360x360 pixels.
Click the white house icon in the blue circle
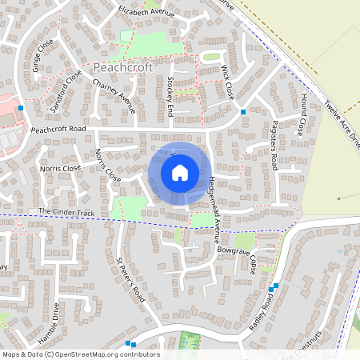coord(180,173)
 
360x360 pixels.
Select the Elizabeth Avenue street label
coord(146,13)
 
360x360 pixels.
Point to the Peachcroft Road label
coord(58,129)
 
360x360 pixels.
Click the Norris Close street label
coord(61,169)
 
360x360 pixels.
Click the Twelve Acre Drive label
coord(343,123)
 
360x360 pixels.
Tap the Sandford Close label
coord(66,90)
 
